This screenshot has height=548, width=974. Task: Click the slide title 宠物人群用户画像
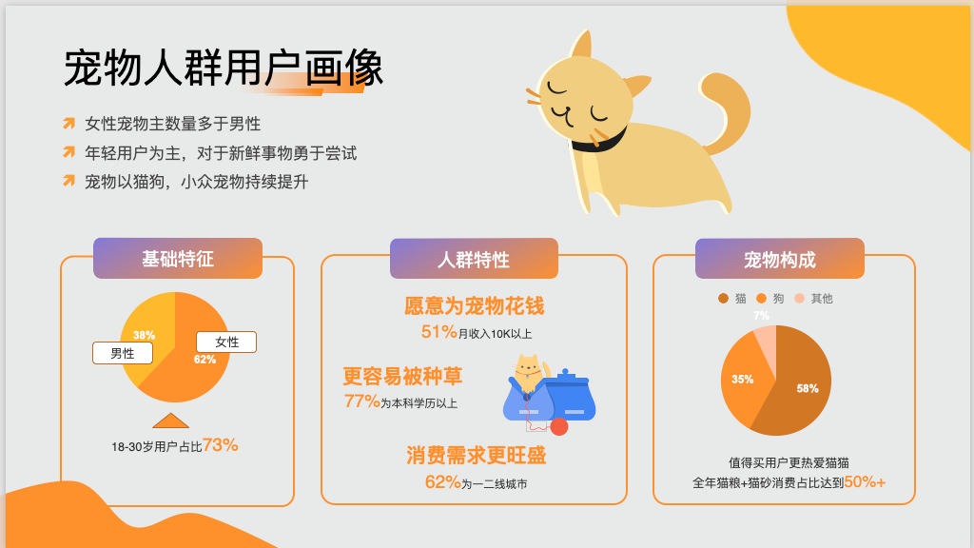pyautogui.click(x=224, y=68)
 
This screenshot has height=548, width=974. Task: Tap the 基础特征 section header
pyautogui.click(x=178, y=259)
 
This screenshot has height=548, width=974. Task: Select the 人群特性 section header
pyautogui.click(x=474, y=259)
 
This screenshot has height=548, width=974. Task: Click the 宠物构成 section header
pyautogui.click(x=780, y=259)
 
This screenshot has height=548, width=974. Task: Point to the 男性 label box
pyautogui.click(x=123, y=353)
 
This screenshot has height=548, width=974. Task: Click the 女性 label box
pyautogui.click(x=226, y=342)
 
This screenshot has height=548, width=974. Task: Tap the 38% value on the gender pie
pyautogui.click(x=145, y=335)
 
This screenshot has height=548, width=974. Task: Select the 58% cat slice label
pyautogui.click(x=808, y=388)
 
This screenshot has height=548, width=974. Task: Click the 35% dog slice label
pyautogui.click(x=742, y=379)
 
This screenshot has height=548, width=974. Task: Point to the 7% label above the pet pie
pyautogui.click(x=762, y=316)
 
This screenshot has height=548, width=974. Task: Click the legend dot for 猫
pyautogui.click(x=723, y=298)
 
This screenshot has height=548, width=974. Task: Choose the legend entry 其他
pyautogui.click(x=813, y=298)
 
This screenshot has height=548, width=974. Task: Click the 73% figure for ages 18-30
pyautogui.click(x=221, y=445)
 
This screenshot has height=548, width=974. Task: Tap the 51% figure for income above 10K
pyautogui.click(x=439, y=332)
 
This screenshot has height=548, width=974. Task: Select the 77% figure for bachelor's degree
pyautogui.click(x=362, y=401)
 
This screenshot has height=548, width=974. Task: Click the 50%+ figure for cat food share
pyautogui.click(x=865, y=481)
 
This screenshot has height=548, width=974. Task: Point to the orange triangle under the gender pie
pyautogui.click(x=171, y=421)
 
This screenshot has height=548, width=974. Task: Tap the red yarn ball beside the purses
pyautogui.click(x=559, y=426)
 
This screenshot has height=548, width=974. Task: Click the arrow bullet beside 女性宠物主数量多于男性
pyautogui.click(x=68, y=123)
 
